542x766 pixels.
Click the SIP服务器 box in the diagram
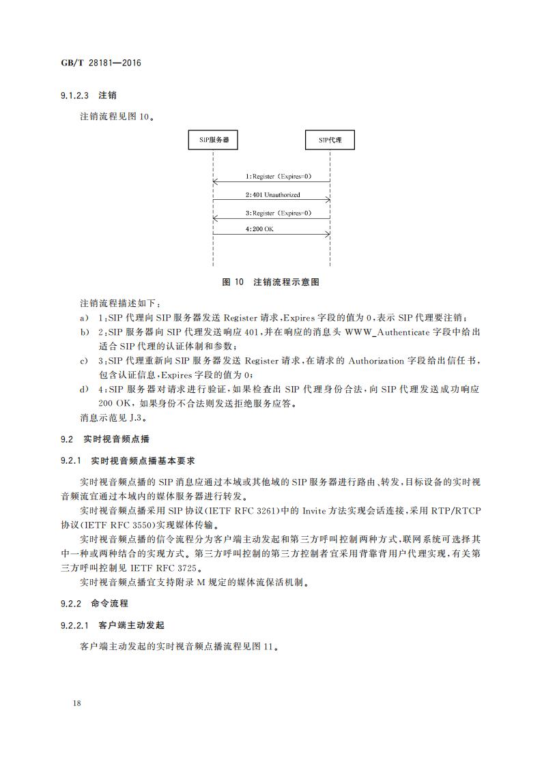point(213,141)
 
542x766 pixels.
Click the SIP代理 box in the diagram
point(330,141)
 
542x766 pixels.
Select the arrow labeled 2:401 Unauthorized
point(272,200)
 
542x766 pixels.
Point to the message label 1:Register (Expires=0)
point(279,177)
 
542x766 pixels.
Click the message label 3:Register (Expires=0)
point(279,213)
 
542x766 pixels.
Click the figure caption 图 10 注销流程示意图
point(271,281)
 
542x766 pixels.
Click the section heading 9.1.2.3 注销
point(88,95)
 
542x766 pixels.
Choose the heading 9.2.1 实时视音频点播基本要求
point(127,461)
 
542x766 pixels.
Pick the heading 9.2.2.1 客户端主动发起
point(112,625)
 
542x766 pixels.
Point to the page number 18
point(76,703)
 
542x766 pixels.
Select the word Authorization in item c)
point(378,361)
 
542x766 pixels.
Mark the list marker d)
point(84,389)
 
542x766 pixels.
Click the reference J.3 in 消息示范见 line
point(137,417)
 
